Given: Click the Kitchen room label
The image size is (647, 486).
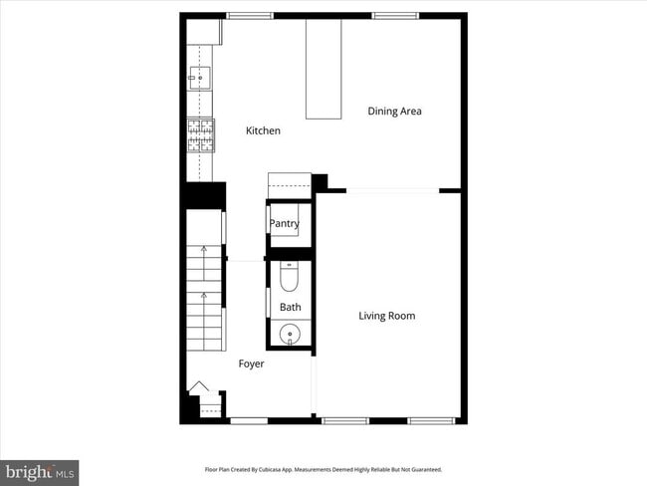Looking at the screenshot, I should coord(264,130).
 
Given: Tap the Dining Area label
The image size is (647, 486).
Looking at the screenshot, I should coord(394,111).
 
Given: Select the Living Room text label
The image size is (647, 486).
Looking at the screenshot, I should coord(386,316).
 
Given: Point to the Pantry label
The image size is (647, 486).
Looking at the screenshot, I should coord(284,224).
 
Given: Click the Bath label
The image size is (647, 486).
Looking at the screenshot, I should coord(290,307).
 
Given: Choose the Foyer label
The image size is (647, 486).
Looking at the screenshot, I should coord(251,364).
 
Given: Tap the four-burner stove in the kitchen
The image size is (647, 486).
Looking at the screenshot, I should coord(200,134).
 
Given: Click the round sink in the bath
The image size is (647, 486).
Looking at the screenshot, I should coord(290,334).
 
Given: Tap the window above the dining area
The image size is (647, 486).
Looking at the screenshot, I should coord(391,15).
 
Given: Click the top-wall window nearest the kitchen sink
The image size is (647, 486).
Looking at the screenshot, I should coord(250,15).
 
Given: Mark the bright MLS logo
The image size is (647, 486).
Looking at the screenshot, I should coord(40,470).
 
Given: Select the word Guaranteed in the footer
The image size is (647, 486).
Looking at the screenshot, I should coord(423,469).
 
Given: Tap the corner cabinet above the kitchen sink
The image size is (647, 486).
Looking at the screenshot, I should coord(203,31).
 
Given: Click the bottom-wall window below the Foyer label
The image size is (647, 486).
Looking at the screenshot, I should coord(249,420).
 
